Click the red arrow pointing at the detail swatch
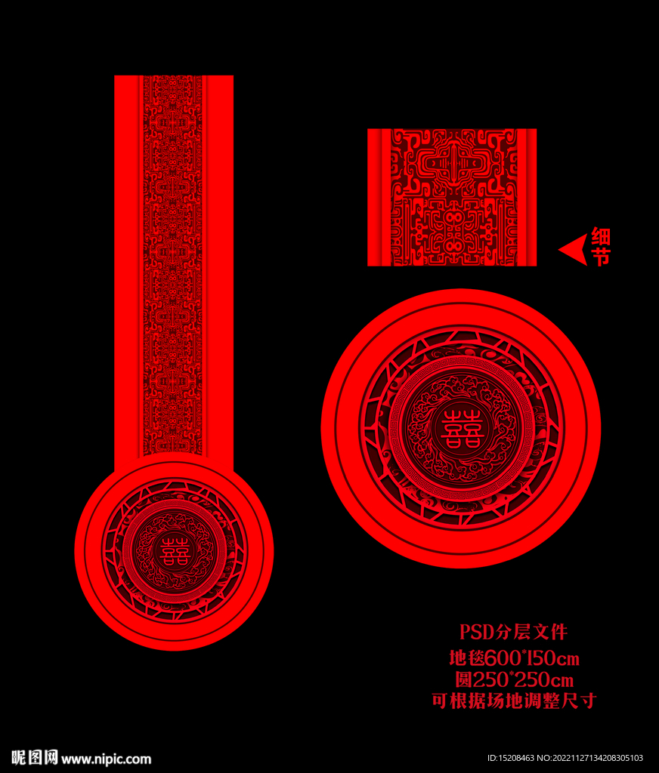(x=574, y=249)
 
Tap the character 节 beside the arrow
(x=601, y=257)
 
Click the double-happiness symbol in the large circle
(x=460, y=427)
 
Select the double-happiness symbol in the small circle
(x=175, y=550)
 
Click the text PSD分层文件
(x=513, y=632)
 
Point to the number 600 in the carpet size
(x=503, y=658)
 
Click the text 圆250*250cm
(x=514, y=680)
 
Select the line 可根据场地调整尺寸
(x=514, y=701)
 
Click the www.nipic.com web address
(x=106, y=759)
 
